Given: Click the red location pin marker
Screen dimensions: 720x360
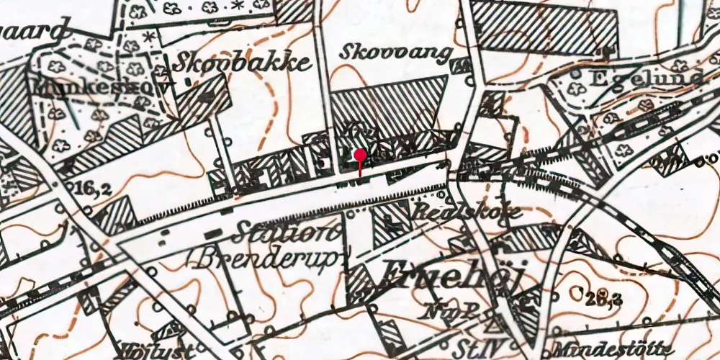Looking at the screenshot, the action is click(360, 156).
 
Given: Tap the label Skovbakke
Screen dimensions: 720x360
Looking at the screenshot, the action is click(242, 63).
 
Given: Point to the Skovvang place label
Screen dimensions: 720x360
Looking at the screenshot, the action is click(397, 53).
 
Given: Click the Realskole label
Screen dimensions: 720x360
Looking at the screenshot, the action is click(467, 212).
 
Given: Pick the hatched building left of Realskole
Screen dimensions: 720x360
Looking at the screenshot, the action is click(391, 223).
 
